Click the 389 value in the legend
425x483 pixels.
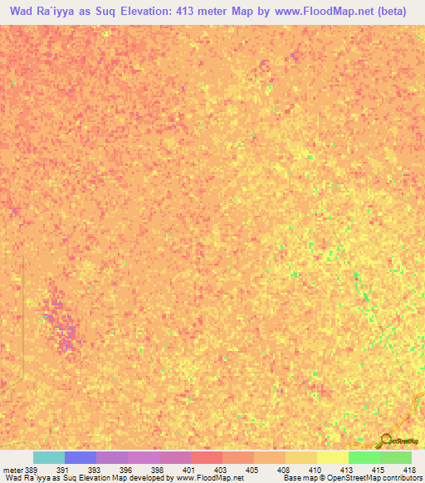[x=32, y=469]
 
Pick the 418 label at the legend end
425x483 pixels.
[x=409, y=469]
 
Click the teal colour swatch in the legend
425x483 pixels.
[x=48, y=457]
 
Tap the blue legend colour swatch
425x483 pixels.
[x=80, y=457]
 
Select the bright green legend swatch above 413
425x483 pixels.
[x=364, y=457]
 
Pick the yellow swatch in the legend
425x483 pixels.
[x=332, y=457]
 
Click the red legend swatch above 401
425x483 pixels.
[x=206, y=457]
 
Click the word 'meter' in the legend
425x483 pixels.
[x=12, y=469]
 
